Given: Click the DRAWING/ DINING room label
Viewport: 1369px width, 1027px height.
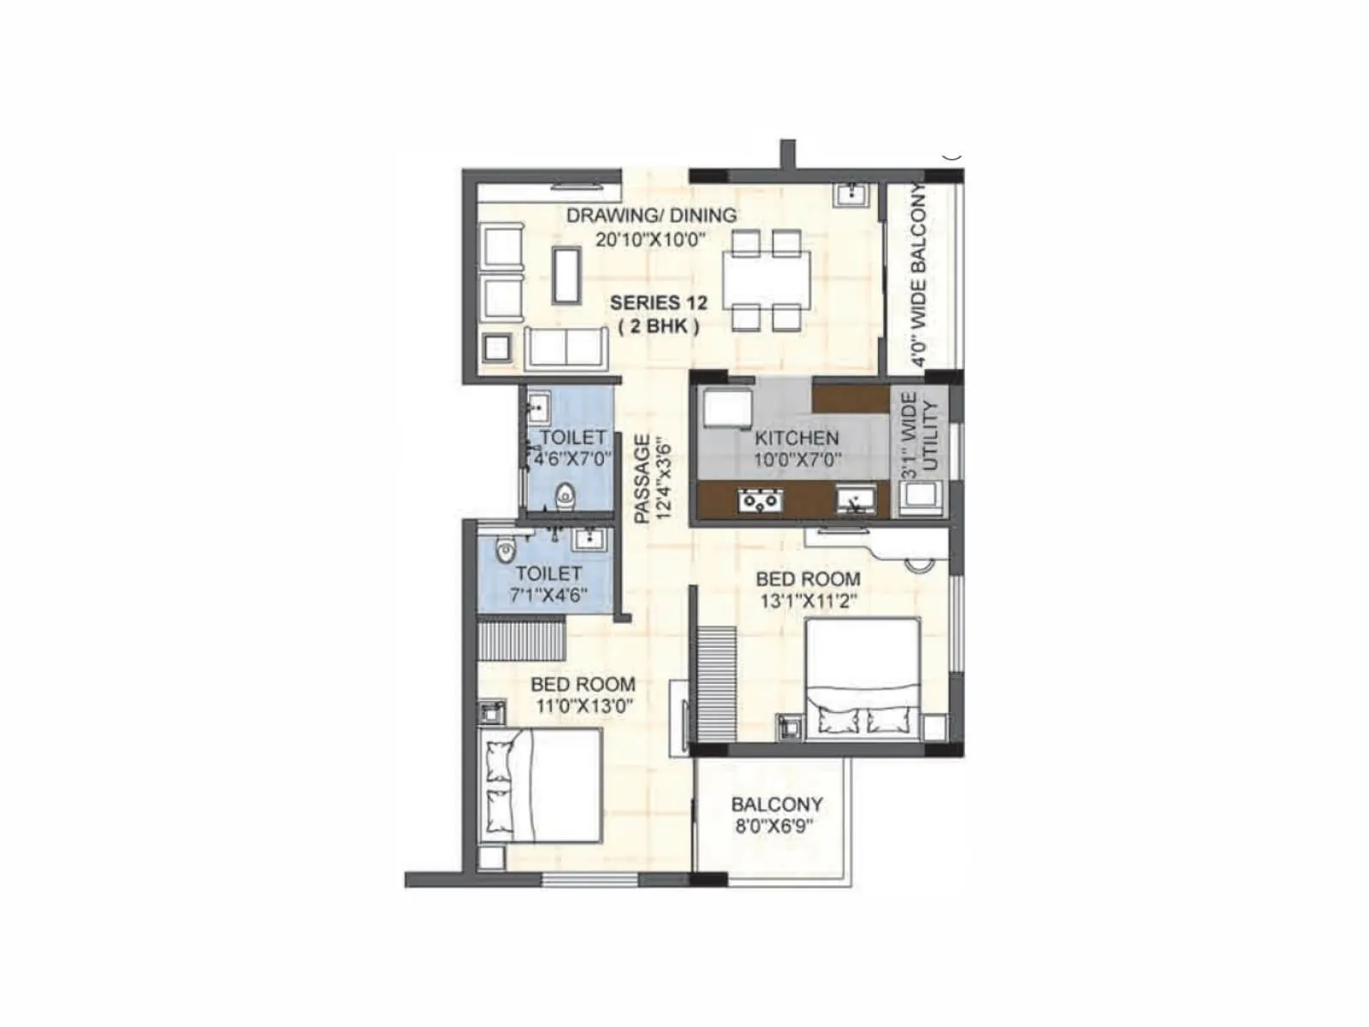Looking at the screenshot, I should pos(651,216).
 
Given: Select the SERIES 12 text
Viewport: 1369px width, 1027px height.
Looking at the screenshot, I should pos(658,303).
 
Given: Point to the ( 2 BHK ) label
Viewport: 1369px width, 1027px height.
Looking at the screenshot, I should pos(659,326).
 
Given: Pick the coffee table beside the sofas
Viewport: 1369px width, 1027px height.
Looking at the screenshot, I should pos(566,275).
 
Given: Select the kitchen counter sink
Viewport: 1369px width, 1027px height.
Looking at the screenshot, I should pos(854,500).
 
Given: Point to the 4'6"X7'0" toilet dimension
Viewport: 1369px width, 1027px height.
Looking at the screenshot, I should pos(572,459).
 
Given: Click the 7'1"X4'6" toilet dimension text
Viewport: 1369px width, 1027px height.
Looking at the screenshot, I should pos(548,596).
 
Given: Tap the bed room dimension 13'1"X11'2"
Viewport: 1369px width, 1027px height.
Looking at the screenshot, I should pos(809,602).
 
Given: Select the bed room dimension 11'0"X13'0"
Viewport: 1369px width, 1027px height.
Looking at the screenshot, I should pos(583,707).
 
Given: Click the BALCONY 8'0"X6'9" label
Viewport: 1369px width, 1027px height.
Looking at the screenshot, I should pos(776,815).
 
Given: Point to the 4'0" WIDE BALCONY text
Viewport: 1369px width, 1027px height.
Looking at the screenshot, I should pos(918,276).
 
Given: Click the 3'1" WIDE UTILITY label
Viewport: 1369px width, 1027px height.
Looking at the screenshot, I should pos(921,433).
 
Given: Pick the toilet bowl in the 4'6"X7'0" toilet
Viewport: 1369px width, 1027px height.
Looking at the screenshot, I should pos(566,496).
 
